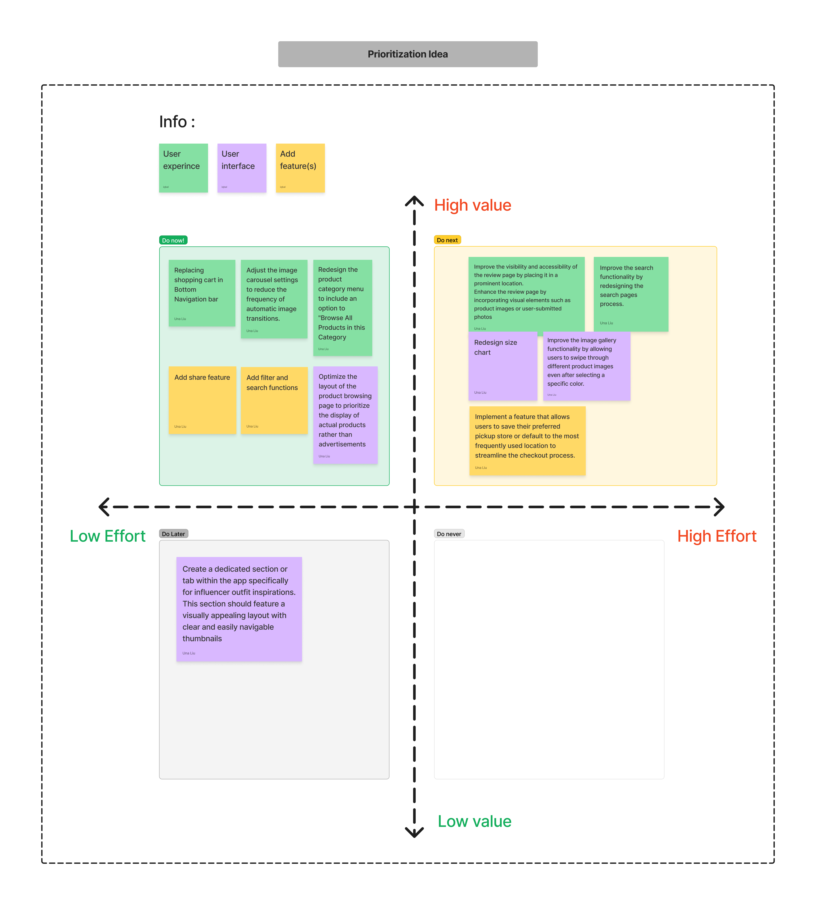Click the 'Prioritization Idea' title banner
[x=408, y=54]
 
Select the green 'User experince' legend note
[x=183, y=168]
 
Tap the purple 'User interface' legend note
[x=242, y=168]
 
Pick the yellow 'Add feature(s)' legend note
[x=300, y=168]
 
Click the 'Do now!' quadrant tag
[x=173, y=240]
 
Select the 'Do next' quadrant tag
[x=447, y=240]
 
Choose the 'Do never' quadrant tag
[x=449, y=534]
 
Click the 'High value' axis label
[x=473, y=205]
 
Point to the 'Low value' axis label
[x=474, y=821]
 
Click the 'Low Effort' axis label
[x=108, y=536]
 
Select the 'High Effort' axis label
[x=716, y=536]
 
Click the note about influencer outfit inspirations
[x=239, y=609]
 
